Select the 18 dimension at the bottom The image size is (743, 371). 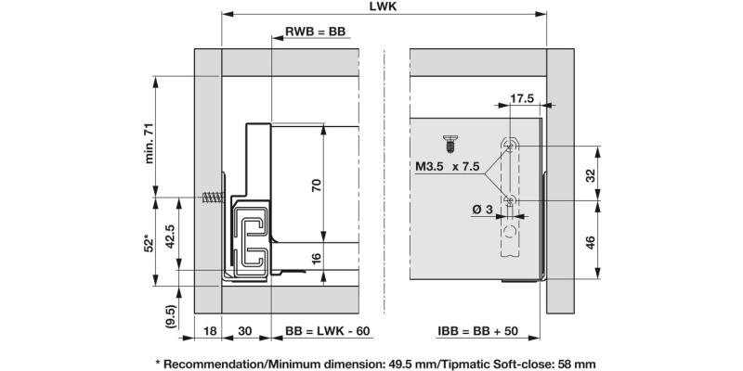click(x=209, y=329)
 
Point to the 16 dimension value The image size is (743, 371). click(x=316, y=259)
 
